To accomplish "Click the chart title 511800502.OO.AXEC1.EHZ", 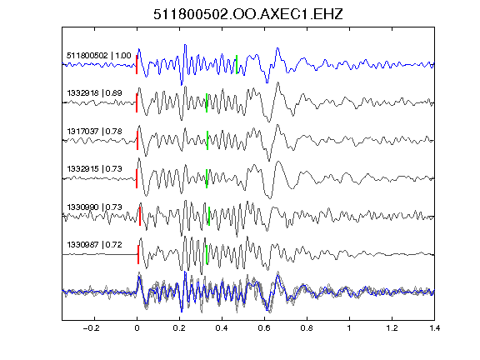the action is click(x=248, y=14).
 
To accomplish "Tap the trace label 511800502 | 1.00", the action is click(x=99, y=56).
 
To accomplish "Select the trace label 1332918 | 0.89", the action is click(x=95, y=93).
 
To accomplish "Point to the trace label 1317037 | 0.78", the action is click(x=95, y=132).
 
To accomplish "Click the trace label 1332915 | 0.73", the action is click(x=95, y=169).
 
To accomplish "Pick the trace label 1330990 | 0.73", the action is click(x=95, y=207).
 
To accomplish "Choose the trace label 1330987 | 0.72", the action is click(x=95, y=245).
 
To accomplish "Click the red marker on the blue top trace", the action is click(x=137, y=65).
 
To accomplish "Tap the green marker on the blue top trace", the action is click(x=237, y=65).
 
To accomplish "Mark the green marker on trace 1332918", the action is click(x=207, y=102).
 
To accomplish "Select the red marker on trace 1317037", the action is click(x=137, y=141).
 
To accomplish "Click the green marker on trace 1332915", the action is click(x=207, y=178).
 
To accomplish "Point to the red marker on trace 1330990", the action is click(x=140, y=217).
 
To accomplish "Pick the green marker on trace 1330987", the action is click(x=207, y=255).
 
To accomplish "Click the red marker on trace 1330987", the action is click(x=138, y=255).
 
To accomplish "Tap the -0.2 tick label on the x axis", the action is click(x=92, y=328).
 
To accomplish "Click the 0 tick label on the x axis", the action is click(x=137, y=328).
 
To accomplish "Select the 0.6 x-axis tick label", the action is click(x=264, y=328).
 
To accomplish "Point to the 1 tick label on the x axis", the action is click(x=349, y=328).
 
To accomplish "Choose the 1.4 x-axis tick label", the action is click(x=434, y=328).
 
